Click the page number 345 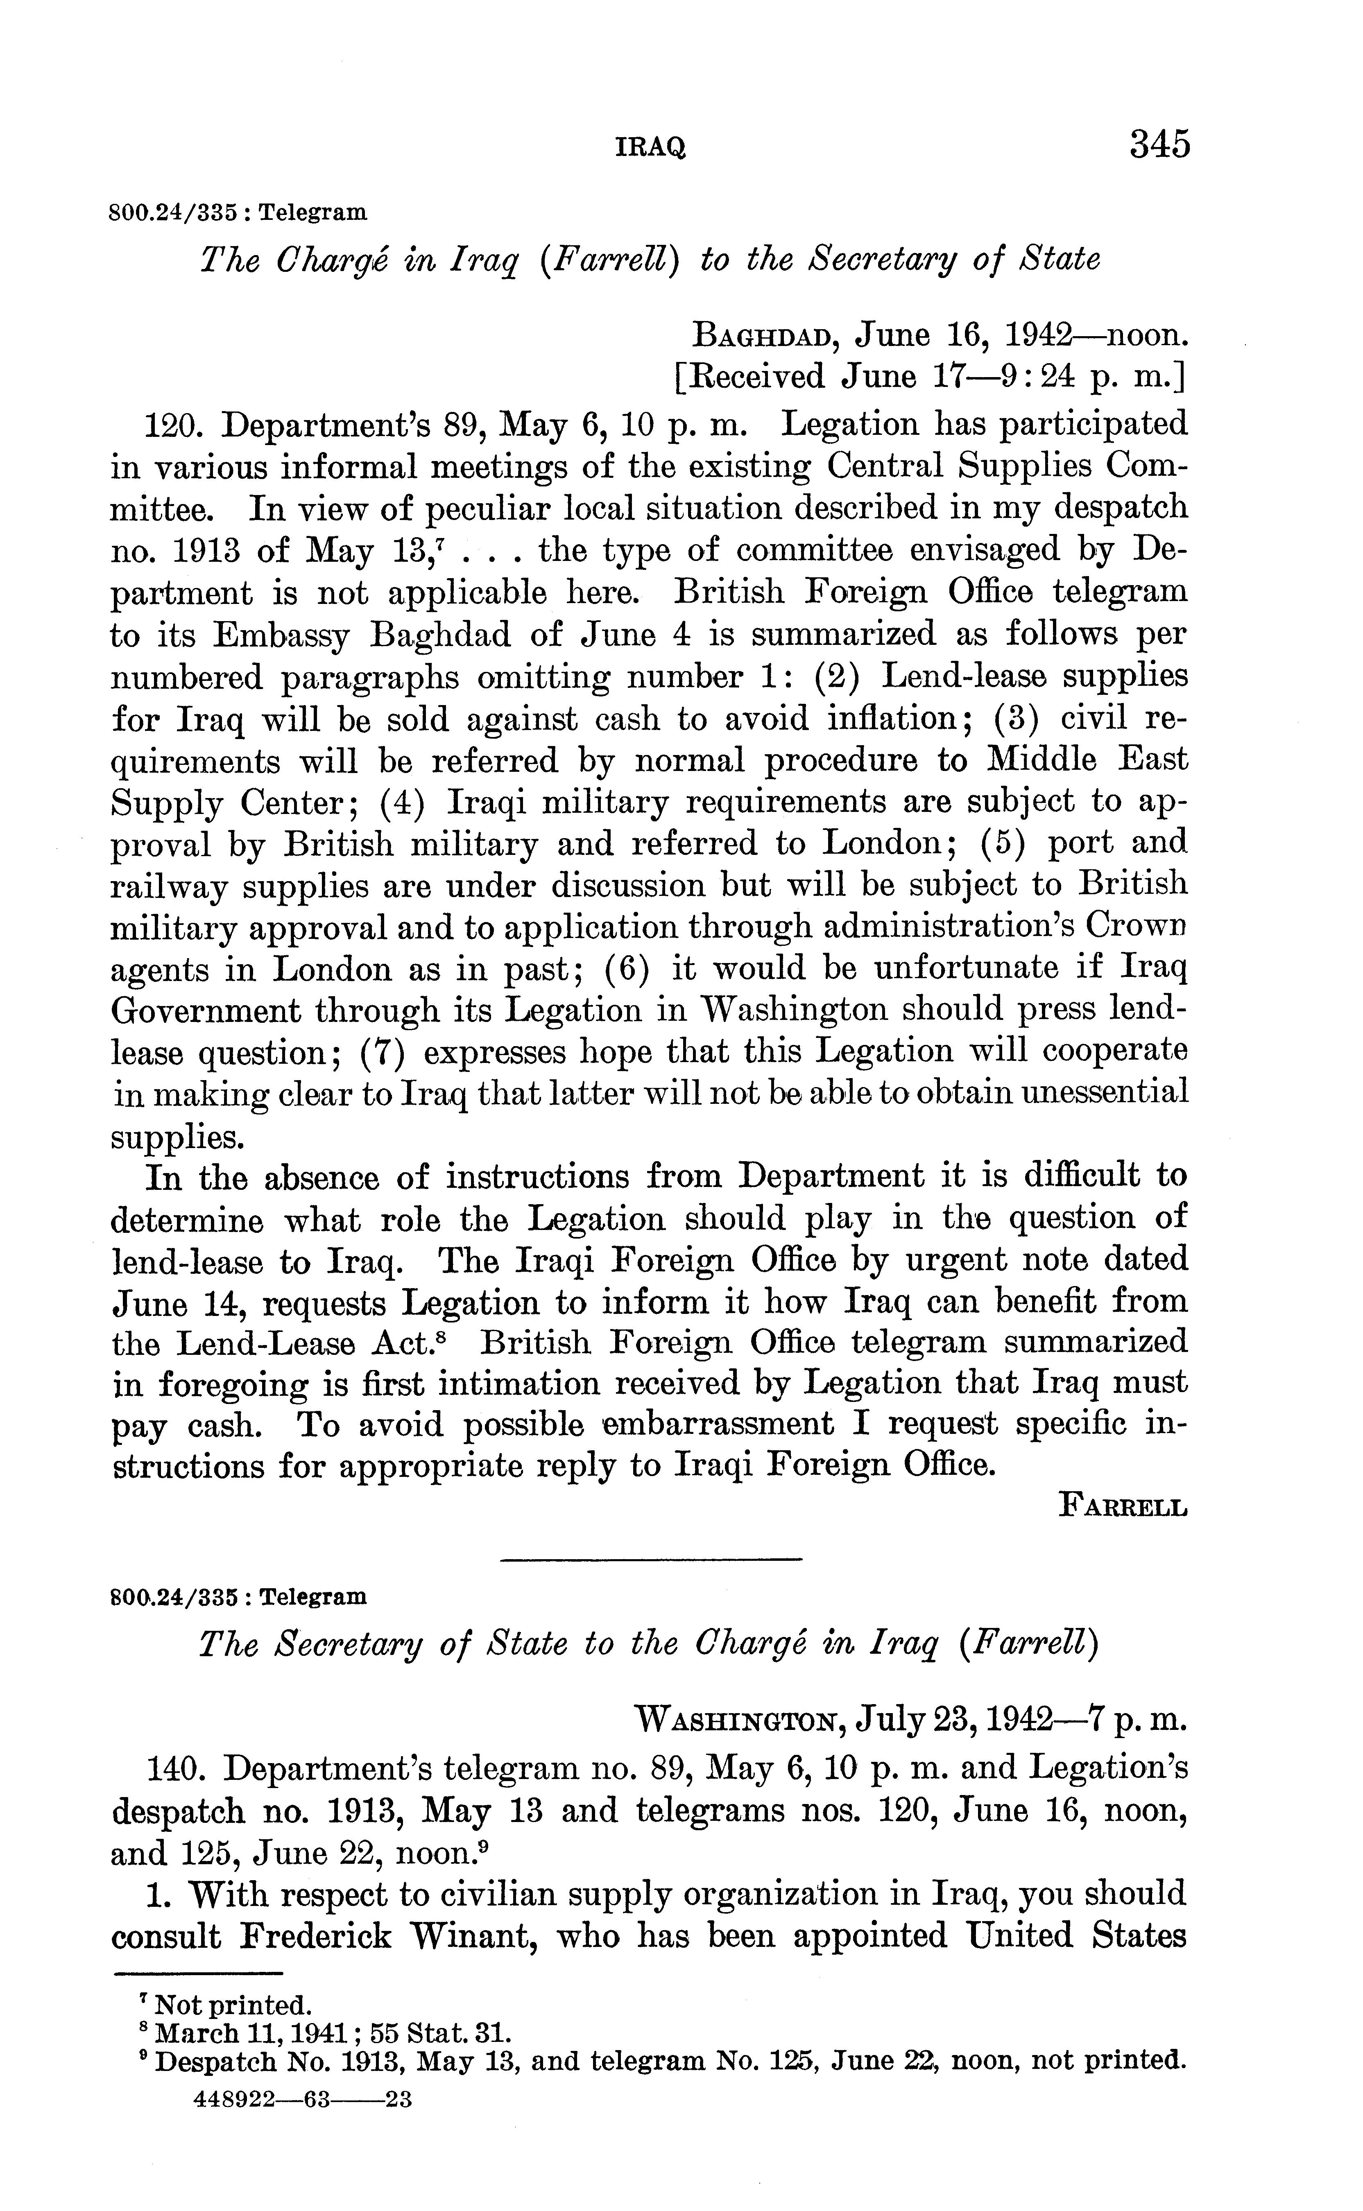coord(1159,144)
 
